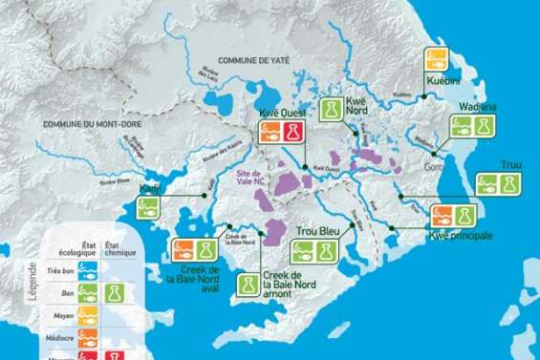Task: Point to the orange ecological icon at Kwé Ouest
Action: point(270,133)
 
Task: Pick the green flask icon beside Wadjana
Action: point(485,126)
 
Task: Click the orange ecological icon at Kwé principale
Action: point(443,216)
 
